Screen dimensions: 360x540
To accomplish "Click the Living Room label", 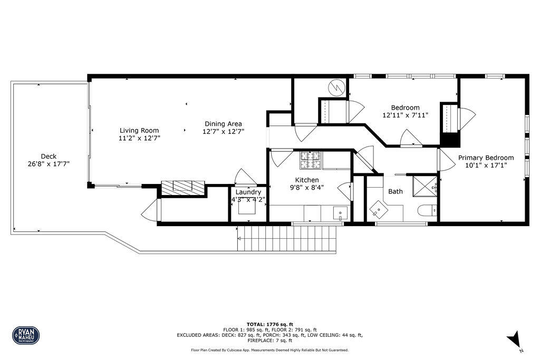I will coord(139,130).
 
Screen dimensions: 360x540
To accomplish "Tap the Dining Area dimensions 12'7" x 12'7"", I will coord(224,131).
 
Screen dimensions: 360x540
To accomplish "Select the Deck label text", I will coord(49,156).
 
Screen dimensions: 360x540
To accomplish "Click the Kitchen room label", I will coord(306,180).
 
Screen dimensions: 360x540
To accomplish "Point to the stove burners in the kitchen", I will coord(310,160).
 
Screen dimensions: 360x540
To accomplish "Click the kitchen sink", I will coord(340,214).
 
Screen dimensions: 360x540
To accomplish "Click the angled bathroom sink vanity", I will coord(379,210).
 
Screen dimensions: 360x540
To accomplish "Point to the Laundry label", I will coord(248,192).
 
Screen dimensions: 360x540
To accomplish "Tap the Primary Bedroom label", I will coord(486,158).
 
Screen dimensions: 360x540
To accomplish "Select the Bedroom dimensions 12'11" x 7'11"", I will coord(405,114).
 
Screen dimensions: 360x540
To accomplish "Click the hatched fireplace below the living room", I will coord(182,187).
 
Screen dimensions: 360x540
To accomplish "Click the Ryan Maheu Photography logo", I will coord(26,335).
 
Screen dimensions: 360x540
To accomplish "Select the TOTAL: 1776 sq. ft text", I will coord(269,324).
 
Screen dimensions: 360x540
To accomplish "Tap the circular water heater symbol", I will coord(335,87).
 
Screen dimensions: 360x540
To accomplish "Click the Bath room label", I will coord(396,191).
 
